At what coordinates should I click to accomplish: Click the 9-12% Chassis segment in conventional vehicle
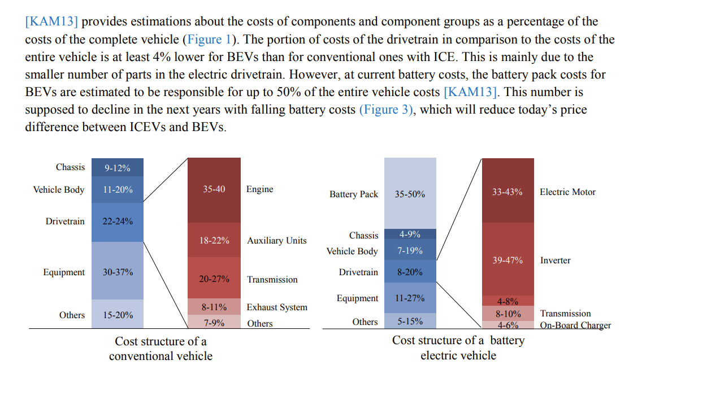tap(118, 167)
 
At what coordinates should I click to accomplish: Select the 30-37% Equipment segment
tap(118, 271)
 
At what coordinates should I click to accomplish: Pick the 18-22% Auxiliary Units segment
tap(214, 240)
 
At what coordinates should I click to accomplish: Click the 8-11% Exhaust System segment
tap(214, 307)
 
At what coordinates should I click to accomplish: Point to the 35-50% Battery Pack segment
tap(410, 193)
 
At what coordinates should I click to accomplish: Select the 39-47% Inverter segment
tap(507, 260)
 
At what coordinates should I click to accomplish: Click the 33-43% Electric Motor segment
tap(507, 191)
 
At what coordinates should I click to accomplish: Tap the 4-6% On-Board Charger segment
tap(508, 325)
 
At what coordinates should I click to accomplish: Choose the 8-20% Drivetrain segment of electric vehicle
tap(410, 272)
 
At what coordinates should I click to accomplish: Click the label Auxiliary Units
tap(276, 240)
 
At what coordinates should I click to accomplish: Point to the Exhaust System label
tap(277, 307)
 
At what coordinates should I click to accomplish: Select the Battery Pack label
tap(354, 194)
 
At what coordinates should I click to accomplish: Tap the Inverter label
tap(555, 260)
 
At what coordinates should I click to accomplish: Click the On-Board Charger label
tap(575, 325)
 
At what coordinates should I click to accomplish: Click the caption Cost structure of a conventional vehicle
tap(161, 349)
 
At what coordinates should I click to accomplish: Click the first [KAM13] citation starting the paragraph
tap(51, 21)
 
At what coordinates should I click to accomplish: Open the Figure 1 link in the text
tap(205, 40)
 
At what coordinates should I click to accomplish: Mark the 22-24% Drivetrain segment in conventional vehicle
tap(118, 221)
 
